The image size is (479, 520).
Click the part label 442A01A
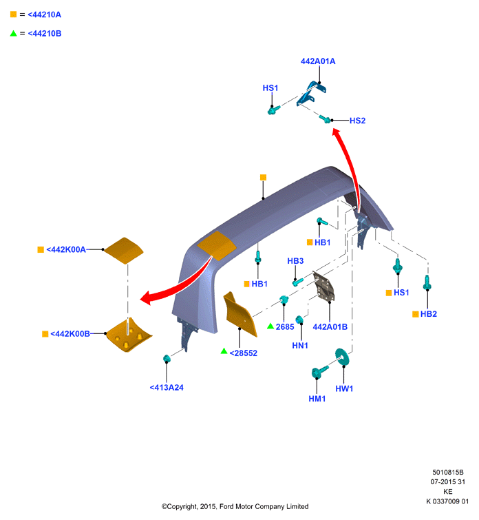317,61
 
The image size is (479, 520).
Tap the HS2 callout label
357,121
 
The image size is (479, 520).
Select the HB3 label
295,261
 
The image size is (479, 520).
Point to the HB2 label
429,314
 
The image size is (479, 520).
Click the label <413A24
167,387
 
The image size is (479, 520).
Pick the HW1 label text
344,388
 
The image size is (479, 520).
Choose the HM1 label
317,399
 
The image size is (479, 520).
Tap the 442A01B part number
330,327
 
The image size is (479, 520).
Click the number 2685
285,327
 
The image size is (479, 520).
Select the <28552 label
243,353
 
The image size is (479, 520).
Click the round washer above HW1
342,357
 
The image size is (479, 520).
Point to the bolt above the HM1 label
319,372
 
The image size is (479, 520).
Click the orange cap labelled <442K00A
124,251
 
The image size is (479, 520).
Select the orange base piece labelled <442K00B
129,335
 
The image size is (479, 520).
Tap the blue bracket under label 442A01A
311,93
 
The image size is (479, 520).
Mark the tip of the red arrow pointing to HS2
334,129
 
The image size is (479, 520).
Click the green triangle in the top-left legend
13,33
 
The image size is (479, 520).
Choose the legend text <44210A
45,14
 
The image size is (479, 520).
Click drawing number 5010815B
448,472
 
